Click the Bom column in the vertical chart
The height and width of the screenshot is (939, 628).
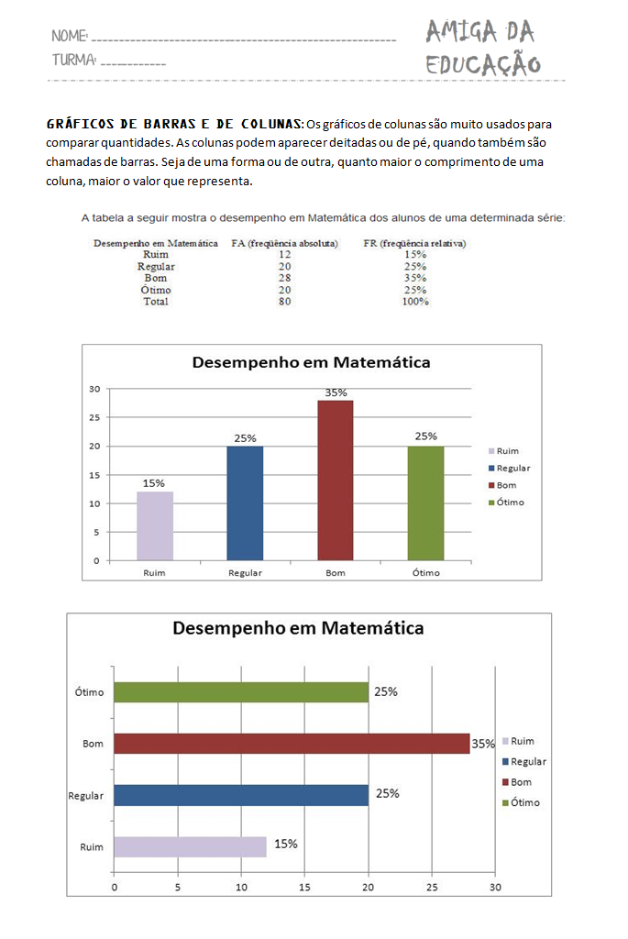click(335, 480)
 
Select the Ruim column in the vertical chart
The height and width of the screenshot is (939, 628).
click(154, 525)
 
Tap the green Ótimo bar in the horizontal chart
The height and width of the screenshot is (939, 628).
click(241, 692)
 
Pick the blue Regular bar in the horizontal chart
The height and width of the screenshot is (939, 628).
click(241, 795)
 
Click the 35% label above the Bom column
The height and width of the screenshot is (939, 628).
click(336, 392)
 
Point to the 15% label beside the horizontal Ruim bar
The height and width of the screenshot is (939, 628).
click(286, 844)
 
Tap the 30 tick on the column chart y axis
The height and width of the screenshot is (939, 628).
click(94, 389)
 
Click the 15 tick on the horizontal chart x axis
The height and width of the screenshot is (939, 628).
click(304, 888)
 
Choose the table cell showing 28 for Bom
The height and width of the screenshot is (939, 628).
click(284, 278)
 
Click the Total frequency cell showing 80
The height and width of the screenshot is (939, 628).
click(284, 301)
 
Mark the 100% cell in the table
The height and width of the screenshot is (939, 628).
click(415, 301)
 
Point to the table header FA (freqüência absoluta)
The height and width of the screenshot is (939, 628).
click(285, 244)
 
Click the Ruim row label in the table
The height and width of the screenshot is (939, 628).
click(156, 255)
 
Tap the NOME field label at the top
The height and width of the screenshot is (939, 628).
click(70, 37)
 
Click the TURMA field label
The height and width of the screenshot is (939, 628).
click(74, 61)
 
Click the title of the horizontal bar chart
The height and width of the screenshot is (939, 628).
click(299, 628)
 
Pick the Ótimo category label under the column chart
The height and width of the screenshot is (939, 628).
click(425, 572)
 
